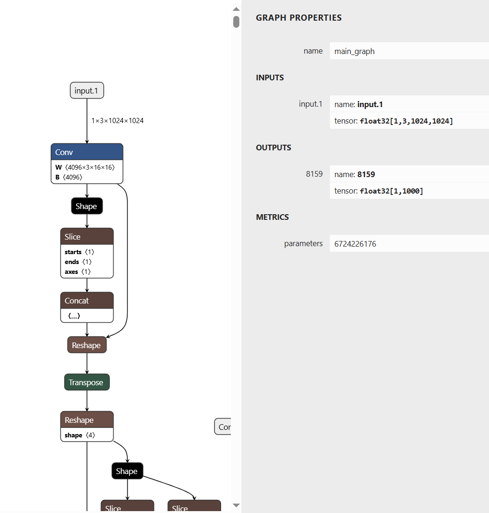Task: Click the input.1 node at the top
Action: [87, 91]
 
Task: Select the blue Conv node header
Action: [87, 152]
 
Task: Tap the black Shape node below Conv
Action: [87, 206]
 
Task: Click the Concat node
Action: [87, 301]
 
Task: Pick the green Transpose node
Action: [87, 382]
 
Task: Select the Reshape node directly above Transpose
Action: [87, 345]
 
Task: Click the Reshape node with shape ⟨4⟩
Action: [87, 420]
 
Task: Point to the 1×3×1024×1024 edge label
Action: [117, 121]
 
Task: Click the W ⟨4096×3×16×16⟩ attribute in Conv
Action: [85, 167]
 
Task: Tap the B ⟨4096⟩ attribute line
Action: [69, 177]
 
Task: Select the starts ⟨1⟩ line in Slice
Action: [79, 252]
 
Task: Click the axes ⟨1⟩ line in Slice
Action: [77, 272]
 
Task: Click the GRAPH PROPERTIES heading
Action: [298, 18]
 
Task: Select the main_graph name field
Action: [409, 51]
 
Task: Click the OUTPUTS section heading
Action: [274, 148]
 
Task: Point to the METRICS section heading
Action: [272, 217]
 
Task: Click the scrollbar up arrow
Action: [237, 9]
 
